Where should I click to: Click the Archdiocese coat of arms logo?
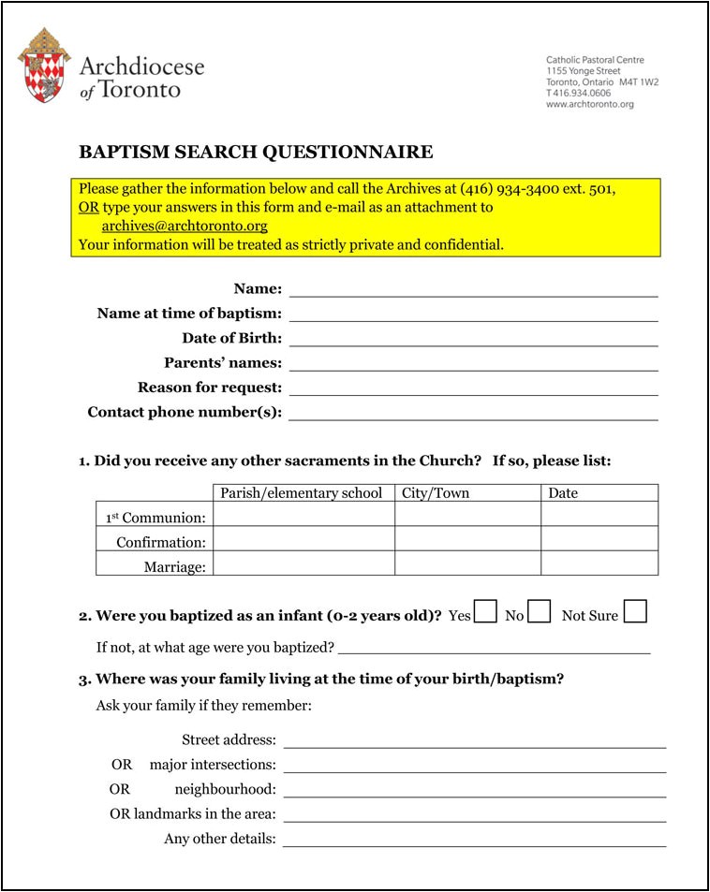[x=43, y=65]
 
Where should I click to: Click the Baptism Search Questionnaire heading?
[x=256, y=152]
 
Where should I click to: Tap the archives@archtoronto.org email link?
[x=185, y=226]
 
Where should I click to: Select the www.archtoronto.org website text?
[x=589, y=105]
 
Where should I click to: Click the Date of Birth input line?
[x=473, y=339]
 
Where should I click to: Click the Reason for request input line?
[x=473, y=388]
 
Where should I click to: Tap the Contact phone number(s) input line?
[x=473, y=413]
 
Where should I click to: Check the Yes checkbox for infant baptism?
[x=485, y=613]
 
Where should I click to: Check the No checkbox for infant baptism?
[x=539, y=613]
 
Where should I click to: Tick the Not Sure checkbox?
[x=635, y=612]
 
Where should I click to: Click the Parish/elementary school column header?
[x=301, y=493]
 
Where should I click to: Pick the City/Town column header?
[x=436, y=493]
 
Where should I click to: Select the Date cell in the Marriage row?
[x=599, y=563]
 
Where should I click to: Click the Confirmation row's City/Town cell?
[x=466, y=539]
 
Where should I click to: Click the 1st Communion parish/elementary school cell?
[x=303, y=515]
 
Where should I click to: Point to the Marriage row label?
[x=174, y=566]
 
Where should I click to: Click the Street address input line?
[x=474, y=740]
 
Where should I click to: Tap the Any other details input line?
[x=474, y=839]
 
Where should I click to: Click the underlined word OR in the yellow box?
[x=88, y=207]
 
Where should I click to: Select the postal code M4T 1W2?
[x=639, y=82]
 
